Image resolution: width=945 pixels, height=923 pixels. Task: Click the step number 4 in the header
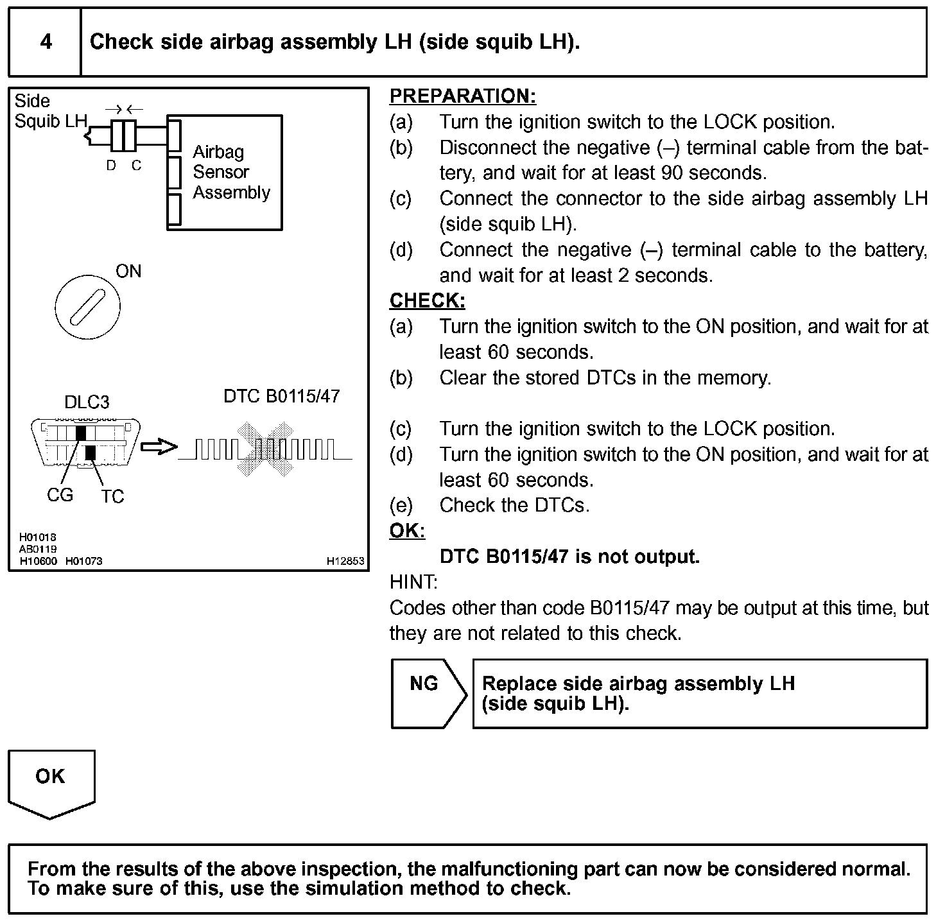pos(46,42)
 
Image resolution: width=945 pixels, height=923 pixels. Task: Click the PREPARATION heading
pos(462,96)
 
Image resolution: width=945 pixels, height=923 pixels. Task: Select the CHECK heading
pos(427,301)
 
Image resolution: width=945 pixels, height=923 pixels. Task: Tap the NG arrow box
pos(428,693)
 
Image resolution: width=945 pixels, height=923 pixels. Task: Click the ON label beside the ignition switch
pos(128,272)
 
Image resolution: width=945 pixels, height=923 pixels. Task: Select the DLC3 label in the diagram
pos(87,402)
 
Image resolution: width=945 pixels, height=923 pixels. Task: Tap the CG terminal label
pos(60,496)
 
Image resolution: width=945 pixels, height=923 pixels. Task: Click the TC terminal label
pos(112,497)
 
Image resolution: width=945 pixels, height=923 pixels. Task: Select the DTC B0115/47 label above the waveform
pos(281,396)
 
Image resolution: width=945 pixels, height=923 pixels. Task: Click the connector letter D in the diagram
pos(111,166)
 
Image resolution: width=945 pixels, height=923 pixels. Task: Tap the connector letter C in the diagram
pos(136,166)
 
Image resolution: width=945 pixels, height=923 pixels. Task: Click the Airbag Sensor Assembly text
pos(231,172)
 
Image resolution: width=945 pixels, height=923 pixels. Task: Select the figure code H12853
pos(345,561)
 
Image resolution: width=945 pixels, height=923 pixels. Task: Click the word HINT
pos(413,582)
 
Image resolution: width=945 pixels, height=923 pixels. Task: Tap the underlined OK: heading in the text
pos(407,531)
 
